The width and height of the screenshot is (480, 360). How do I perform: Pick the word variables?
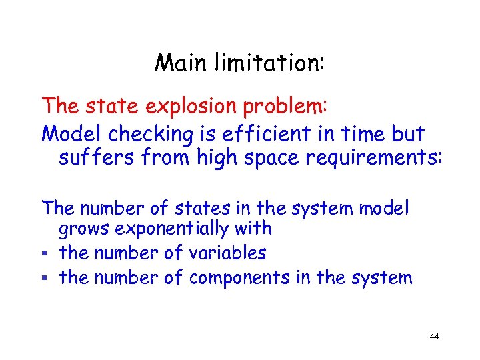227,253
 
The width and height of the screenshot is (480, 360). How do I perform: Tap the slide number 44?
434,337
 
